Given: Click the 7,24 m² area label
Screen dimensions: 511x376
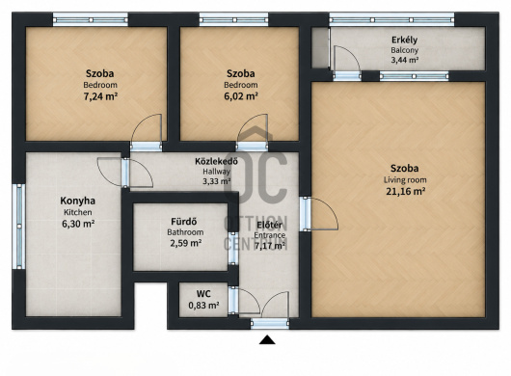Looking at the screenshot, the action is tap(100, 96).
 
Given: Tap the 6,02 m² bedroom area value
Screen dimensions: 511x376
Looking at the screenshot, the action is tap(241, 96).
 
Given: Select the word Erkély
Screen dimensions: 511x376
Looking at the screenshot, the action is tap(404, 40).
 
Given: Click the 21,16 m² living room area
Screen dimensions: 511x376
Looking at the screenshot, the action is tap(405, 191).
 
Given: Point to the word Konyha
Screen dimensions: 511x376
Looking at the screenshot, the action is tap(77, 201).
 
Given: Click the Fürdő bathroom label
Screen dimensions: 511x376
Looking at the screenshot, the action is tap(184, 222).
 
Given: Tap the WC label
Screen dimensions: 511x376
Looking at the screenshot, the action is tap(203, 294).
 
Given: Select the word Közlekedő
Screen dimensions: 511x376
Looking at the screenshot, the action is tap(216, 161).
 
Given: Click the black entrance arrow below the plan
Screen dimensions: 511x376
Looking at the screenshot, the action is tap(267, 339).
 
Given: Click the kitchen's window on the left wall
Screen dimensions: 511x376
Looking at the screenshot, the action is tap(19, 227).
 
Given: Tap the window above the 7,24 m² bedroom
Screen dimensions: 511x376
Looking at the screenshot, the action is tap(91, 20).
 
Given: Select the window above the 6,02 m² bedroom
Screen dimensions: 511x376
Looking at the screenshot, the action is tap(233, 20).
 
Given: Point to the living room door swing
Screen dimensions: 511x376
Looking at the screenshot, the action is tap(329, 206).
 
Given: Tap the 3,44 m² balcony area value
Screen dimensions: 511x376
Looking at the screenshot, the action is tap(405, 61).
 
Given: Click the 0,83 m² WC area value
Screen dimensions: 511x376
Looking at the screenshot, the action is tap(203, 306).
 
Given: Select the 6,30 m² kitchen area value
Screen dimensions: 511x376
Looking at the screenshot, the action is tap(78, 224).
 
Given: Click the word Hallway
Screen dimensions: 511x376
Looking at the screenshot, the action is tap(216, 172).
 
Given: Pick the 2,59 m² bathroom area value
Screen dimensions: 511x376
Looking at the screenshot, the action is tap(185, 243).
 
